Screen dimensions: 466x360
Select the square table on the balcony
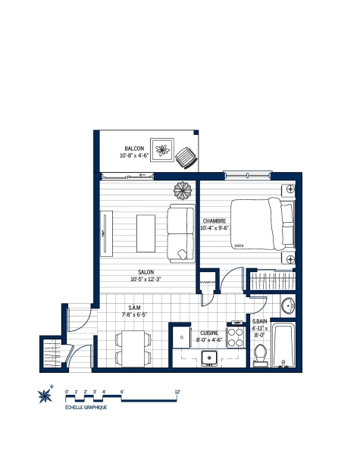(162, 149)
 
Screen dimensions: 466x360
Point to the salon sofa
(181, 233)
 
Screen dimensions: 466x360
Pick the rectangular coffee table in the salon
(146, 232)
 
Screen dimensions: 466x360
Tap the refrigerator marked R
(181, 337)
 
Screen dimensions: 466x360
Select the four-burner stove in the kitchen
(235, 336)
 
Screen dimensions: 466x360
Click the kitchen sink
(214, 358)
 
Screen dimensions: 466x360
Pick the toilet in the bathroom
(260, 354)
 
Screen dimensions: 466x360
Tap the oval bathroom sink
(289, 306)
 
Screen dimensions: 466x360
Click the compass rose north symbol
(45, 395)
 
